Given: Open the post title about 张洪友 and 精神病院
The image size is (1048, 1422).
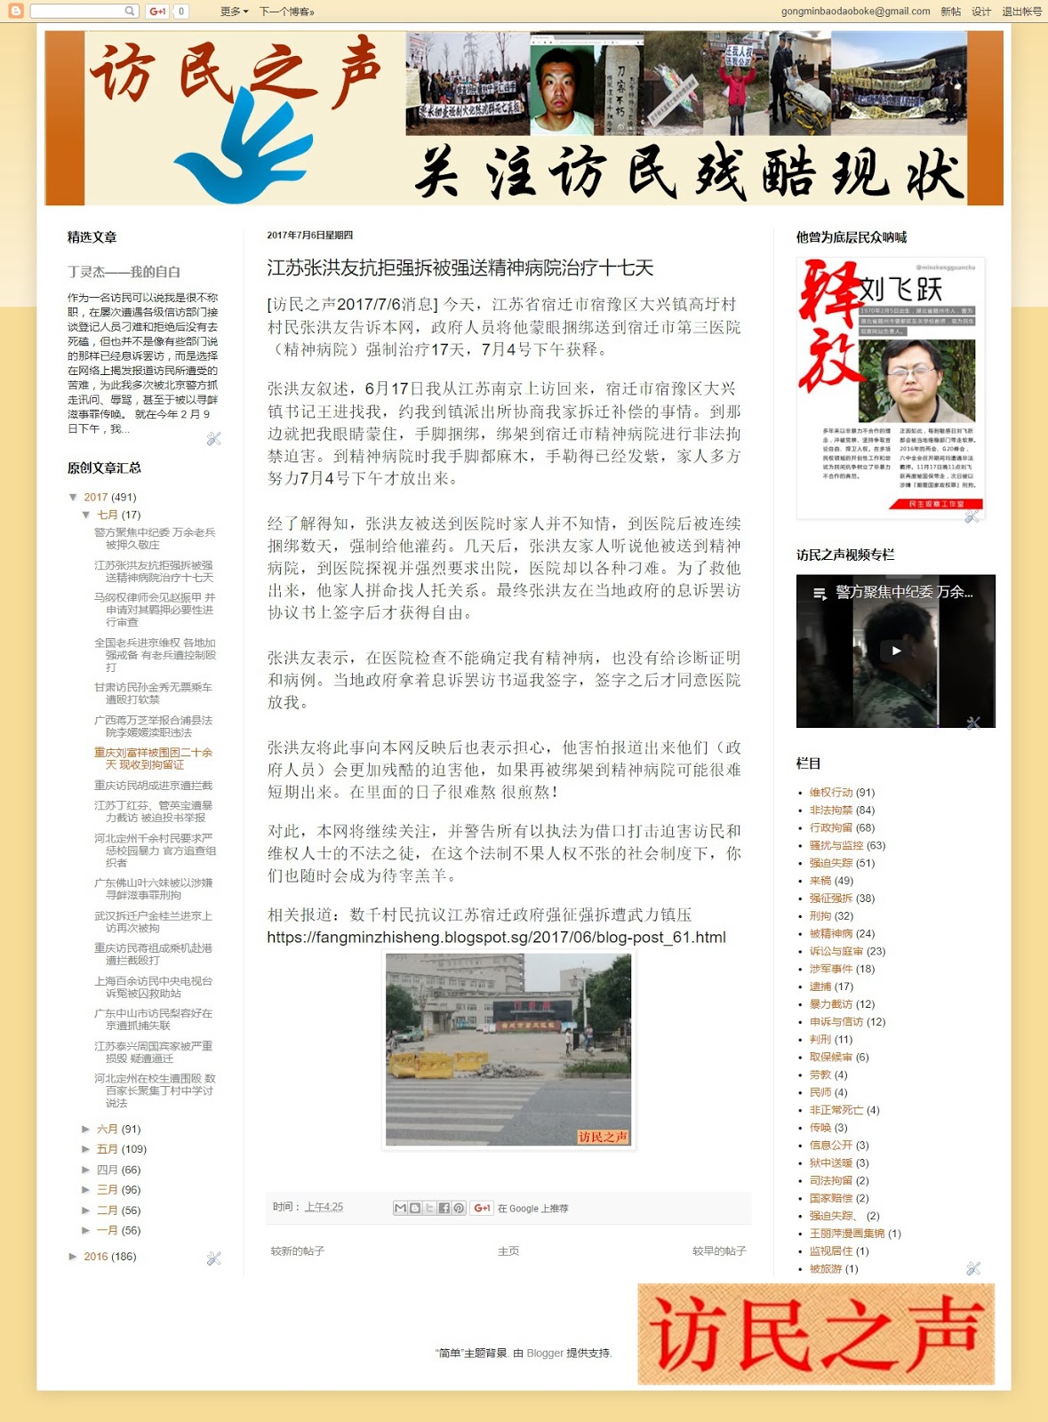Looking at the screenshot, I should click(460, 268).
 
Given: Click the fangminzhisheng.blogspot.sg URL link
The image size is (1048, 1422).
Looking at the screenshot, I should click(496, 938).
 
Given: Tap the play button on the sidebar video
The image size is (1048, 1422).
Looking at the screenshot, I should click(895, 651).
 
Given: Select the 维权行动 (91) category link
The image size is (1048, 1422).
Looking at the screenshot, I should click(831, 792).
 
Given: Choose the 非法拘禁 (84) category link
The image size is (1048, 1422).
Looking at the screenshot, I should click(831, 810).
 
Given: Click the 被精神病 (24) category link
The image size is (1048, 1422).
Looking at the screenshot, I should click(831, 933).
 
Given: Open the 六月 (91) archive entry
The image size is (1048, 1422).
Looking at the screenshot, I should click(108, 1129).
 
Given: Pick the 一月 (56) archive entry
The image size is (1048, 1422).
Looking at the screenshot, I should click(108, 1230).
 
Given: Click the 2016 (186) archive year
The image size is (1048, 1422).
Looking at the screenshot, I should click(96, 1257).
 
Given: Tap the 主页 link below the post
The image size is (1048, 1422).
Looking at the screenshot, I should click(508, 1251).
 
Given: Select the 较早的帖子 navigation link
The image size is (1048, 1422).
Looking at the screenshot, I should click(719, 1251).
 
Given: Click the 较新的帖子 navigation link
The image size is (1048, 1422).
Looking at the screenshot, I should click(298, 1251).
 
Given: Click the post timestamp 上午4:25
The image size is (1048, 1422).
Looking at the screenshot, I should click(324, 1207).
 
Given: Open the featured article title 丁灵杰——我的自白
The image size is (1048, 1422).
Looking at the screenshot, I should click(124, 272).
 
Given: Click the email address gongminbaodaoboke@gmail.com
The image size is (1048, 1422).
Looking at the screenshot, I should click(855, 12).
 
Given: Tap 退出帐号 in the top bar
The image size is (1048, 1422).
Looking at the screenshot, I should click(1021, 12).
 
